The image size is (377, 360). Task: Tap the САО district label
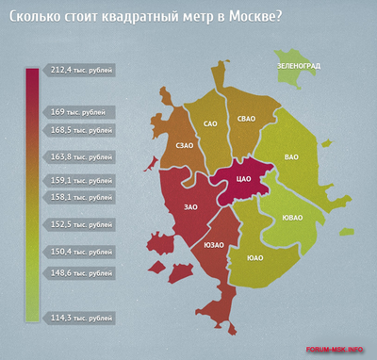click(210, 123)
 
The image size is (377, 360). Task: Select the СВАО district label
click(247, 118)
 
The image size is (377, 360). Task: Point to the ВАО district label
click(295, 159)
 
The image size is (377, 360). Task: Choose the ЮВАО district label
click(292, 219)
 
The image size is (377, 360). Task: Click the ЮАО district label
click(254, 256)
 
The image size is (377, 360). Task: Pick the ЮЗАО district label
click(214, 245)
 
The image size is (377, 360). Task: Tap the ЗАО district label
click(191, 205)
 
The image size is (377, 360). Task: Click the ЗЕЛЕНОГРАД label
click(299, 65)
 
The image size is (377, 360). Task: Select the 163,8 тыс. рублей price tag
click(80, 156)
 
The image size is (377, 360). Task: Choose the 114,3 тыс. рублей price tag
click(80, 317)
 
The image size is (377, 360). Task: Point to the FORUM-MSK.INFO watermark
click(337, 350)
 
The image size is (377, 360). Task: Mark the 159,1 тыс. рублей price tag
click(80, 179)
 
